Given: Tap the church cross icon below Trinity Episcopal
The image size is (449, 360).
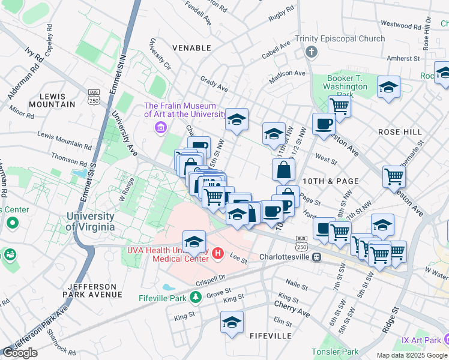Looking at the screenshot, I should [311, 52].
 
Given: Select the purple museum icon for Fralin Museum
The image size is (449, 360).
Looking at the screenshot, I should [160, 127].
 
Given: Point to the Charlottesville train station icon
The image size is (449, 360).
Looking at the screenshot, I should [316, 257].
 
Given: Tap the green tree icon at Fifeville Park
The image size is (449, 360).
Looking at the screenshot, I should [195, 296].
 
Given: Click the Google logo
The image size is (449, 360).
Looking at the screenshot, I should [20, 353].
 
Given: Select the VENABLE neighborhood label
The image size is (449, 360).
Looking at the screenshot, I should [191, 47].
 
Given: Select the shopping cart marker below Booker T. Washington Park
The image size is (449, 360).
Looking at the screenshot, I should [339, 107].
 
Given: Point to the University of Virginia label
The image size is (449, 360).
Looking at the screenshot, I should [91, 221].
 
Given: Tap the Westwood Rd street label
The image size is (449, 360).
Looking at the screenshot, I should [400, 26].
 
